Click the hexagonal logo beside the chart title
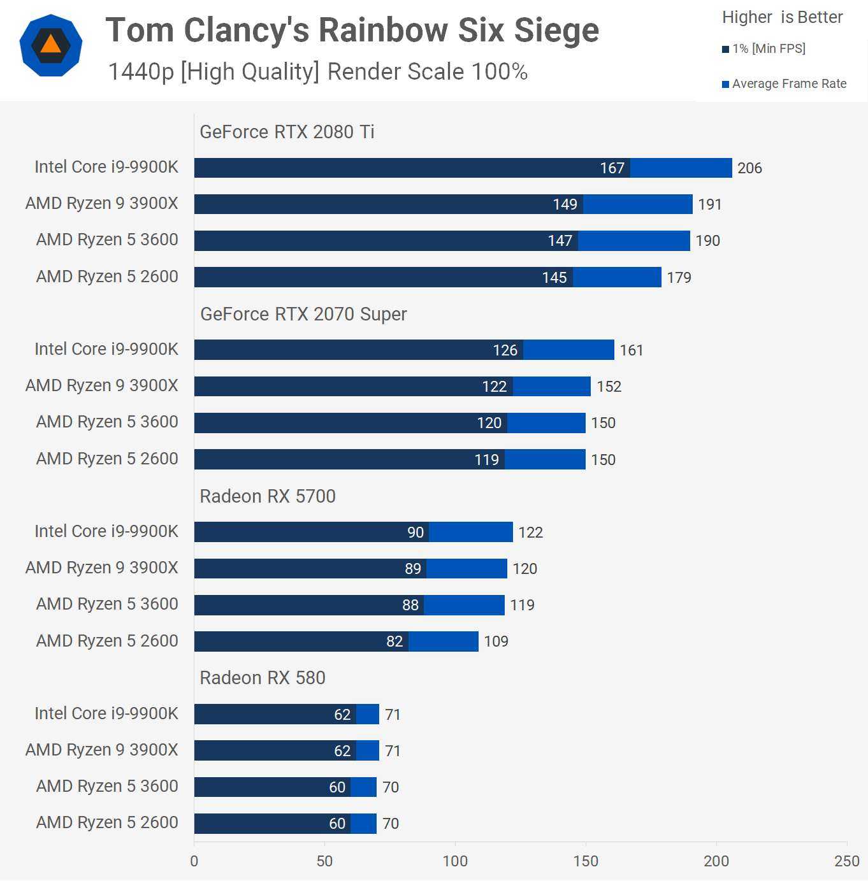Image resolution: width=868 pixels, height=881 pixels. coord(51,46)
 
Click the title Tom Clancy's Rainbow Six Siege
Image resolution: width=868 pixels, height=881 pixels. coord(352,30)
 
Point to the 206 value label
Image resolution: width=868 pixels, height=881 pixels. coord(749,168)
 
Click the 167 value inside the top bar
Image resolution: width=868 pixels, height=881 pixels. coord(612,168)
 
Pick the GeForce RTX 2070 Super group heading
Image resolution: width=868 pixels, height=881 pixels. coord(303,314)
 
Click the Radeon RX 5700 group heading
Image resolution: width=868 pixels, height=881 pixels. coord(268,496)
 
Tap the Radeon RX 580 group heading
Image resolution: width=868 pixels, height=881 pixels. coord(263,678)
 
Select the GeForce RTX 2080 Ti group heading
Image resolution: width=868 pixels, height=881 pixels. coord(287,132)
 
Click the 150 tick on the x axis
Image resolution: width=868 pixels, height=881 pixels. coord(586,861)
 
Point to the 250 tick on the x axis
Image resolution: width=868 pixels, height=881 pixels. coord(846,861)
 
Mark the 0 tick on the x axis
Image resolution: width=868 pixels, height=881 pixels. coord(194,861)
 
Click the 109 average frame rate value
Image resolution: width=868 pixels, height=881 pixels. coord(496,641)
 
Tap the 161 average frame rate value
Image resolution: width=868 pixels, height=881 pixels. coord(632,350)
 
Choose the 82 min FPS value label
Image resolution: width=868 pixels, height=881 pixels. coord(394,641)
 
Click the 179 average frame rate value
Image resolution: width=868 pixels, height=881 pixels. coord(679,278)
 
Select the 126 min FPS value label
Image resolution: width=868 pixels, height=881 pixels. coord(505,350)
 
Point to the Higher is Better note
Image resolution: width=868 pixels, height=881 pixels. coord(782,17)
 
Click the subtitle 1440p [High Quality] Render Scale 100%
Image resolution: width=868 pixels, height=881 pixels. coord(317,72)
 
